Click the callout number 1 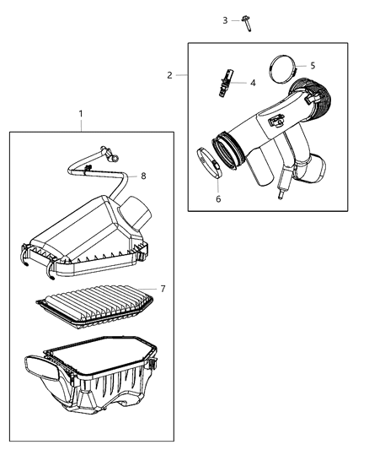(81, 113)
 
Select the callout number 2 (169, 75)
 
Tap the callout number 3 (225, 19)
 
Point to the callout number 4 (252, 83)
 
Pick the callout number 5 (289, 65)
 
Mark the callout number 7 (163, 289)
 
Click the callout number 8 (143, 176)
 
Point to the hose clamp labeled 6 (207, 161)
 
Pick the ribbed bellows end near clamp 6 (233, 149)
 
